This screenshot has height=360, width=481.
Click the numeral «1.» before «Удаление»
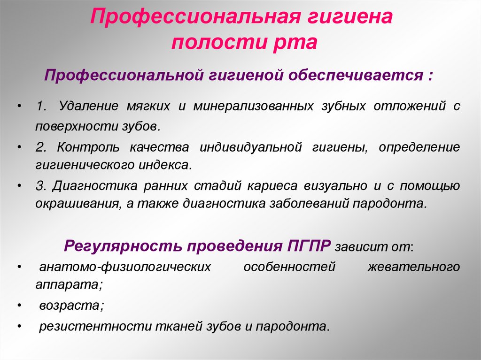tap(41, 106)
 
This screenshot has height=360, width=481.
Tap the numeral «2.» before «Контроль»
tap(41, 147)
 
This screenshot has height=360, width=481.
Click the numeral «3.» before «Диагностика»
tap(41, 185)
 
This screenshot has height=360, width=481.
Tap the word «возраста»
tap(70, 305)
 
